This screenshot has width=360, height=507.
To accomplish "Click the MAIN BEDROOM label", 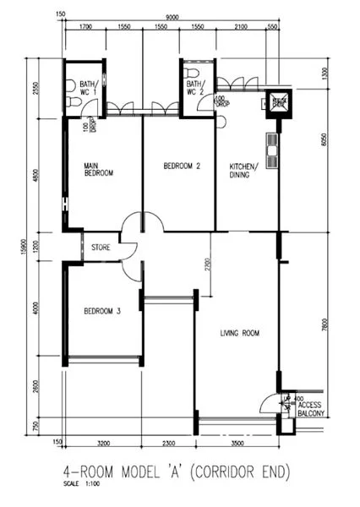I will [98, 169].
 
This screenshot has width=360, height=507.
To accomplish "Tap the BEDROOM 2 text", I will [182, 166].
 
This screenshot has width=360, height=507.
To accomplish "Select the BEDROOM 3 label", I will [102, 312].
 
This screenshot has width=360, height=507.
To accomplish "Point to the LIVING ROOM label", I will [238, 334].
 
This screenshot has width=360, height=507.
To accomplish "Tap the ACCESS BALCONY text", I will [311, 409].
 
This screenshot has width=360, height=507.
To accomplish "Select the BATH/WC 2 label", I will [195, 88].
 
